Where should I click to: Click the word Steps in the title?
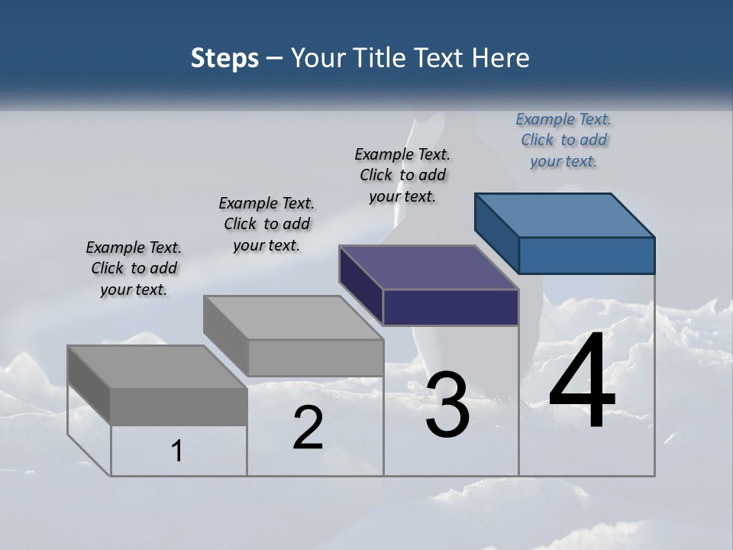pyautogui.click(x=224, y=58)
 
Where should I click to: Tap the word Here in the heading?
pyautogui.click(x=501, y=58)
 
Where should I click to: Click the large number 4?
pyautogui.click(x=582, y=382)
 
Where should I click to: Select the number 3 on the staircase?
pyautogui.click(x=447, y=405)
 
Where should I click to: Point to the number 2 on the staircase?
pyautogui.click(x=308, y=428)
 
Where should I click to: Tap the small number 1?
pyautogui.click(x=177, y=451)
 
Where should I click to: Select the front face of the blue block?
pyautogui.click(x=586, y=255)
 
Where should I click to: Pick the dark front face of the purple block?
pyautogui.click(x=450, y=307)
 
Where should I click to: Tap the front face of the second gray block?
pyautogui.click(x=315, y=357)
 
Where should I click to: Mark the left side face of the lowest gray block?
pyautogui.click(x=89, y=386)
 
